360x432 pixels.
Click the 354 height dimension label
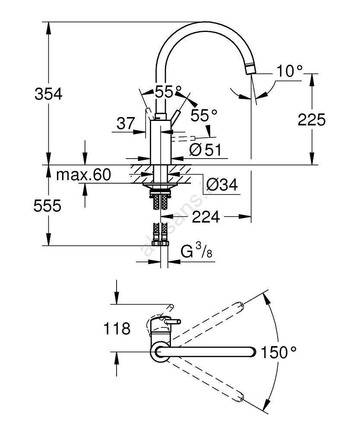click(48, 94)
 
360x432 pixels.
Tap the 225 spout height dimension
click(312, 120)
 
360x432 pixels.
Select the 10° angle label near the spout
click(288, 71)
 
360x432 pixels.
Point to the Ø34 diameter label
click(222, 185)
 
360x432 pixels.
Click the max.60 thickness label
click(84, 175)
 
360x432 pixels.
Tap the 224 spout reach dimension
click(205, 216)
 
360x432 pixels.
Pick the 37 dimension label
click(126, 124)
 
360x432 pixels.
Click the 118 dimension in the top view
click(117, 329)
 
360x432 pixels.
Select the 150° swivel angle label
click(279, 353)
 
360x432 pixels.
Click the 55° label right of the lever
click(204, 115)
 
